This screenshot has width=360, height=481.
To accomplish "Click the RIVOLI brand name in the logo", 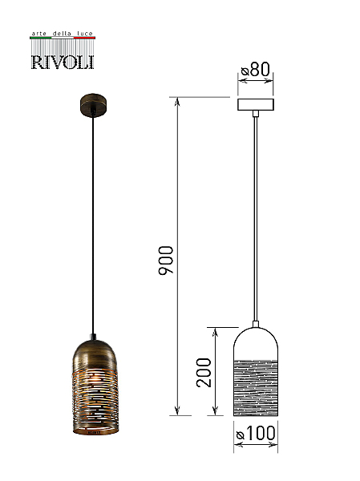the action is click(63, 62).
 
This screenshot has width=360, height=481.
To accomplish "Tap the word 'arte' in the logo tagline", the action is click(39, 34).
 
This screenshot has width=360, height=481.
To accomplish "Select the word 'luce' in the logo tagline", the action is click(85, 33).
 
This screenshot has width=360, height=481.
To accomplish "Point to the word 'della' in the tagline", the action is click(62, 33).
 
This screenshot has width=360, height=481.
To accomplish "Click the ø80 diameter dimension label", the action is click(255, 69).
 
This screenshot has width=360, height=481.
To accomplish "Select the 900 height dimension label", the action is click(166, 260).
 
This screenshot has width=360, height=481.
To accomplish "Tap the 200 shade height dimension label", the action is click(204, 373).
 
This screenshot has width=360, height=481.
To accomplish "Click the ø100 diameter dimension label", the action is click(256, 433).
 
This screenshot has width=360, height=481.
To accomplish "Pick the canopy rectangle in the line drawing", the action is click(256, 104).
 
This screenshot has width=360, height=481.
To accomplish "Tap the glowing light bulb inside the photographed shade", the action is click(95, 378).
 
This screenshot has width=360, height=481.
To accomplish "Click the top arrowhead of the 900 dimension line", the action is click(177, 102).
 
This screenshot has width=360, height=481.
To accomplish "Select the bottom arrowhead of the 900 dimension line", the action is click(177, 411).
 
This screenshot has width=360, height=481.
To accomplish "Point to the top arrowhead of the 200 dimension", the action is click(216, 332).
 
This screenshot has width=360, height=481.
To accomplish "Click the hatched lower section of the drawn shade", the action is click(256, 388).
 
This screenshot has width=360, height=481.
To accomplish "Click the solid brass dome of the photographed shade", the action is click(95, 353).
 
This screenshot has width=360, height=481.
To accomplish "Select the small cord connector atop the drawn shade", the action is click(255, 324).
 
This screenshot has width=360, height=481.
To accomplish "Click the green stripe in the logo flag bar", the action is click(41, 38).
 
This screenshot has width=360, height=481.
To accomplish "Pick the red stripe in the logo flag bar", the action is click(84, 38).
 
